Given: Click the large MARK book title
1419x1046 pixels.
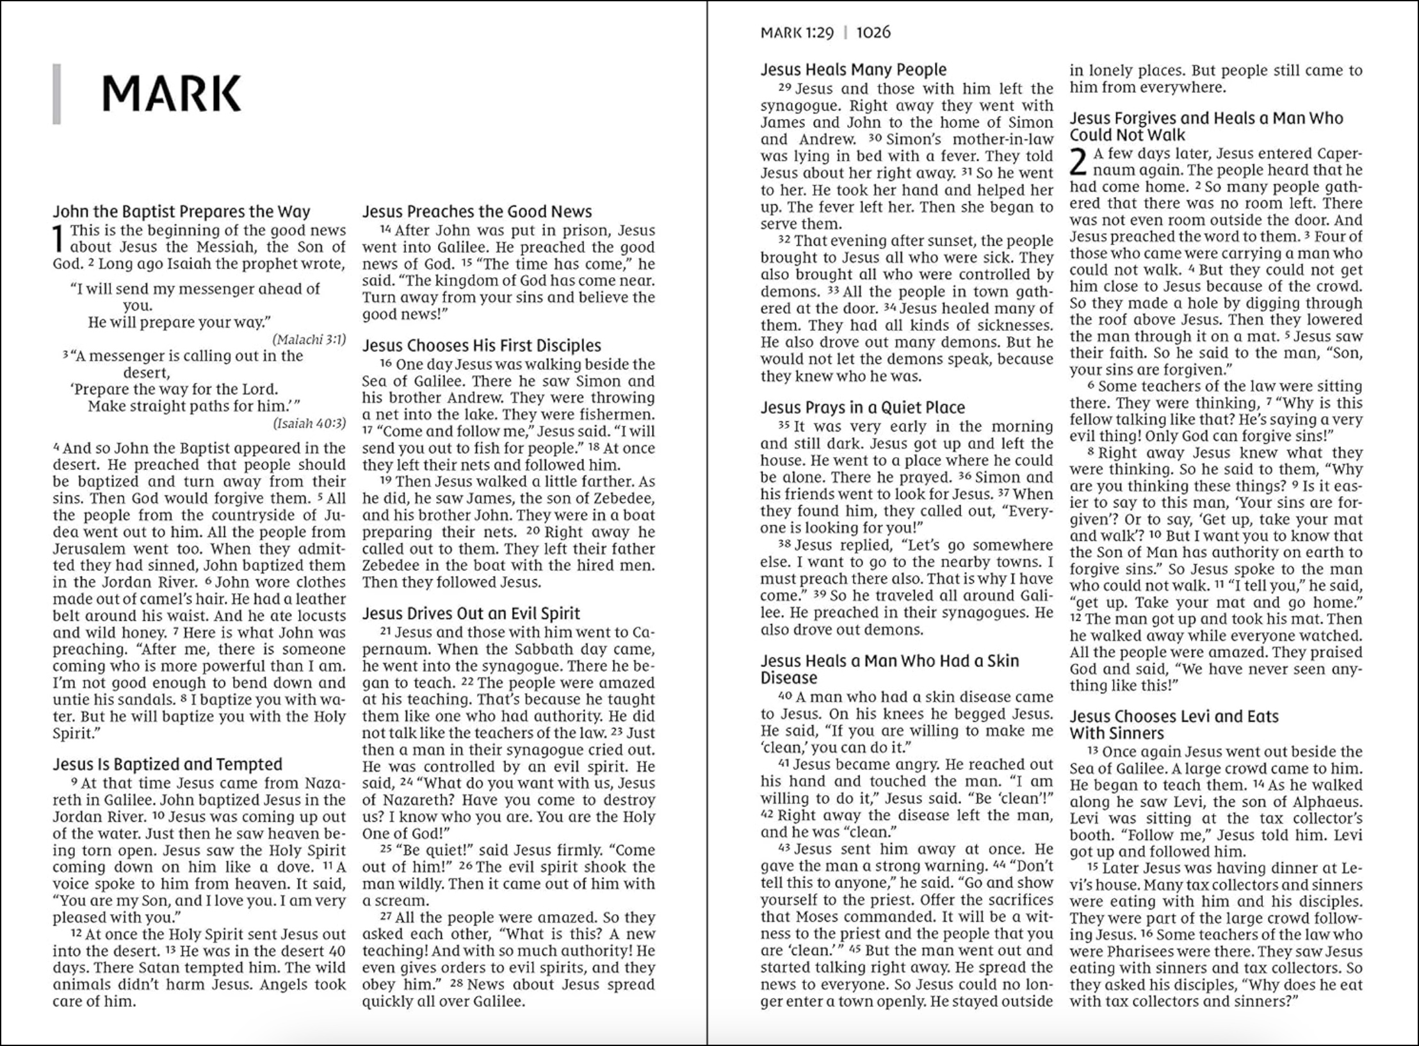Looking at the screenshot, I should coord(172,94).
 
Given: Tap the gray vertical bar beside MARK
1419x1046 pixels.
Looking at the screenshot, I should coord(56,94).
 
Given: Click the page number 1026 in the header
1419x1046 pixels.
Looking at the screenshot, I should coord(873,33).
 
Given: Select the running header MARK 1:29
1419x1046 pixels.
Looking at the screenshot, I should coord(797,33).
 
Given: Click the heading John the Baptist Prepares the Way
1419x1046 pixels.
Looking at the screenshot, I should coord(181,212).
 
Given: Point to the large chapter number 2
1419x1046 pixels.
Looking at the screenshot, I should coord(1078,162).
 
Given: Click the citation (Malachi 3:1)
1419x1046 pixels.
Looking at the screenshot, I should coord(309,339).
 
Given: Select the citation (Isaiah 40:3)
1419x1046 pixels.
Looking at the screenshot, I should coord(309,423).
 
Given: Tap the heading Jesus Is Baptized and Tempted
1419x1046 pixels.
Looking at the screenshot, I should coord(167,764).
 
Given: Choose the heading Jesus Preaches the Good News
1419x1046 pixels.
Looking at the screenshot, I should coord(477,212).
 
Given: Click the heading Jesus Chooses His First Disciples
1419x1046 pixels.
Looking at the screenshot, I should coord(482,346).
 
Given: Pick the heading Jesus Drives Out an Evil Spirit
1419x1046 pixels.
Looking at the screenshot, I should coord(471,614).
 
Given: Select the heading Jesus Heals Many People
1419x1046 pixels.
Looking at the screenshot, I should coord(853,70).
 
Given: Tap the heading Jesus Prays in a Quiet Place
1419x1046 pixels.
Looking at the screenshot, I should coord(862,408).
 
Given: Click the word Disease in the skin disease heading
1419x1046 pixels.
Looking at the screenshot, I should coord(789,678).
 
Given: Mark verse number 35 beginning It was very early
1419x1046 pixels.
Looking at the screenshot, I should coord(784,426).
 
